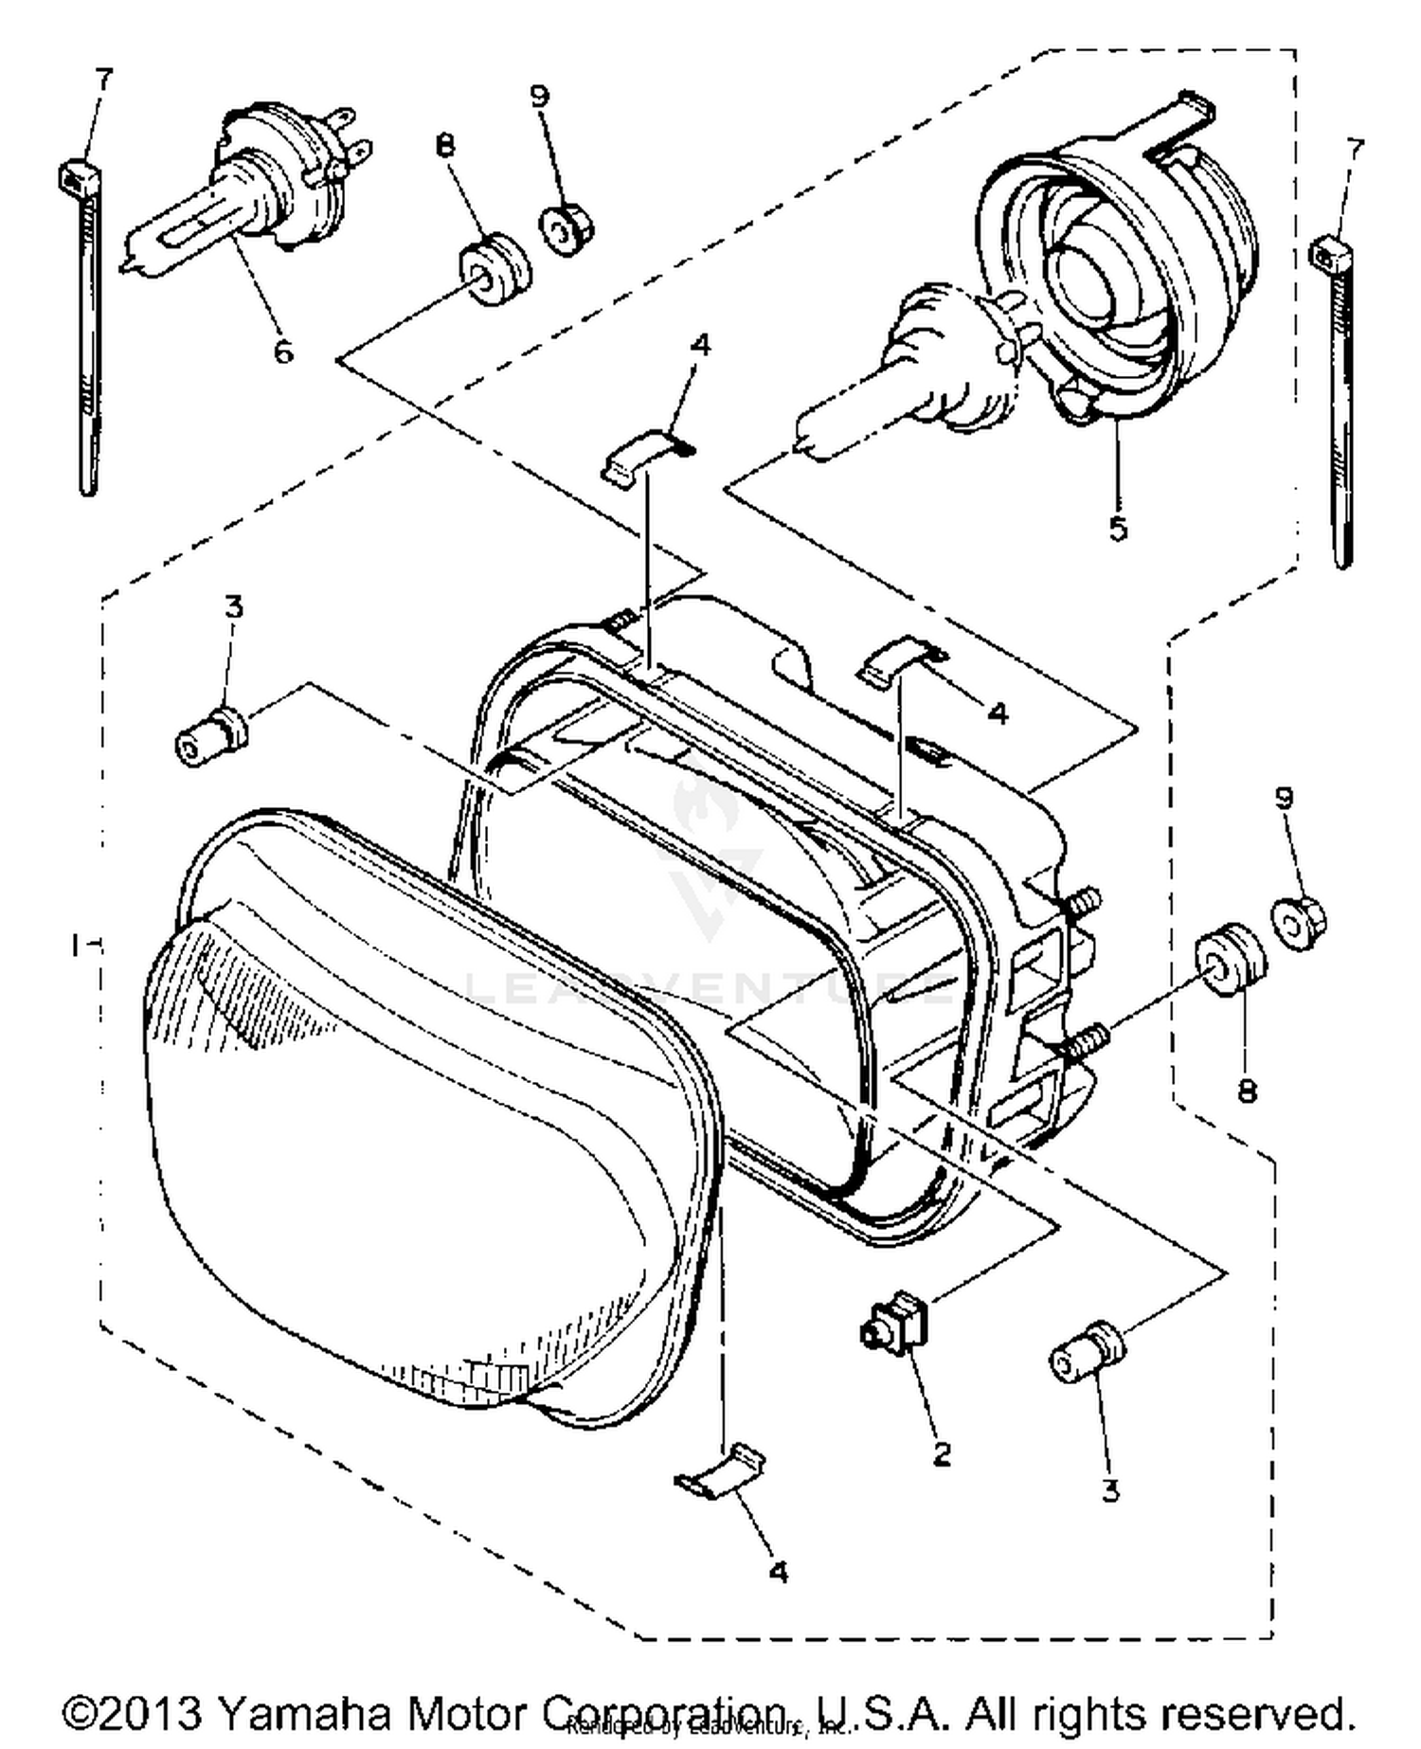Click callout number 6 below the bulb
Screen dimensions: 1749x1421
coord(283,352)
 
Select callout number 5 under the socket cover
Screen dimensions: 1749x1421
coord(1118,529)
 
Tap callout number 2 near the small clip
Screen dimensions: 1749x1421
coord(941,1453)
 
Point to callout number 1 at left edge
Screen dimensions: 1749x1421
coord(78,945)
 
